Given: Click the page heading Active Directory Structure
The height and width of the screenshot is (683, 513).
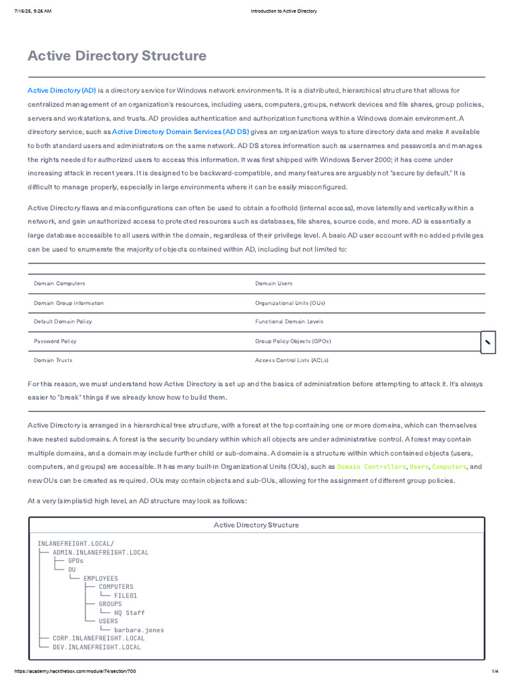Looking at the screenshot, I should coord(117,56).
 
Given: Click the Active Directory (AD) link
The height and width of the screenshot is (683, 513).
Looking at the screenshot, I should coord(61,90).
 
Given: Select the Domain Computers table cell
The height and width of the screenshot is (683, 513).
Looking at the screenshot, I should coord(59,283).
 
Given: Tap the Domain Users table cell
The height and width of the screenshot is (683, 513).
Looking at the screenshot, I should coord(274,283).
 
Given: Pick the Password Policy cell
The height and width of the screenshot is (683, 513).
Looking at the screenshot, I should coord(55,341).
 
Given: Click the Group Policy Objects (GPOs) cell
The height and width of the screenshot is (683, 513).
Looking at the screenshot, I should coord(293,341).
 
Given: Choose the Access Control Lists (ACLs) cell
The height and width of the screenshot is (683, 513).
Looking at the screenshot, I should coord(291,360).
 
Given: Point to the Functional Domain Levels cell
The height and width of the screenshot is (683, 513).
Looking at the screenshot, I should coord(289,321).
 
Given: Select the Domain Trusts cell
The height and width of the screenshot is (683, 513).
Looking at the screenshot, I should coord(53,360).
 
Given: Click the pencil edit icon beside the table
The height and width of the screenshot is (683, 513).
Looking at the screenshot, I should coord(488,342).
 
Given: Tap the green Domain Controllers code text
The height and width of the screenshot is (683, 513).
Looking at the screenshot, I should coord(371,467).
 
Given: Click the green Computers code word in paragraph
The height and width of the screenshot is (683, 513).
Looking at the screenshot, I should coord(449,467).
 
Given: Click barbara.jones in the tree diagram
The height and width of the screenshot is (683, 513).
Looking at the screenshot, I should coord(139,630).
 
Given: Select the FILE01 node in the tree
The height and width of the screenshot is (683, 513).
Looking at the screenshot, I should coord(126,596).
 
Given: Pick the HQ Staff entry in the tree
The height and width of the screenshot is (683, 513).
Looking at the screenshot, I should coord(130,612).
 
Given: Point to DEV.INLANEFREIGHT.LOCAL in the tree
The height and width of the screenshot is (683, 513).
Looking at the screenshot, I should coord(97,647).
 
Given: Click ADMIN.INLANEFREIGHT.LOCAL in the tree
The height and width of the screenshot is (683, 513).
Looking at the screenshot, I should coord(101,552).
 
